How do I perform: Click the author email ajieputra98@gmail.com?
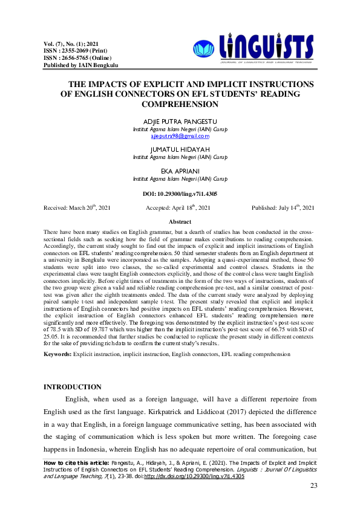pos(180,137)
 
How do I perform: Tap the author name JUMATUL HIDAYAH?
pos(180,149)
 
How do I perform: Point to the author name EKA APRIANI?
pos(180,172)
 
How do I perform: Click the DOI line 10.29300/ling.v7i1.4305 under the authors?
pos(180,193)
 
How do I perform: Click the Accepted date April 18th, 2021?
pos(178,207)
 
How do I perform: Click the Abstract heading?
pos(180,222)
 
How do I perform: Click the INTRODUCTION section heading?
pos(73,387)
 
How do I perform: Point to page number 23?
pos(313,486)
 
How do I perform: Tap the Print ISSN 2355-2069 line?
pos(72,51)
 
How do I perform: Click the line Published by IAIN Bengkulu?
pos(80,65)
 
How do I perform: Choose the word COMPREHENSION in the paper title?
pos(180,104)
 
